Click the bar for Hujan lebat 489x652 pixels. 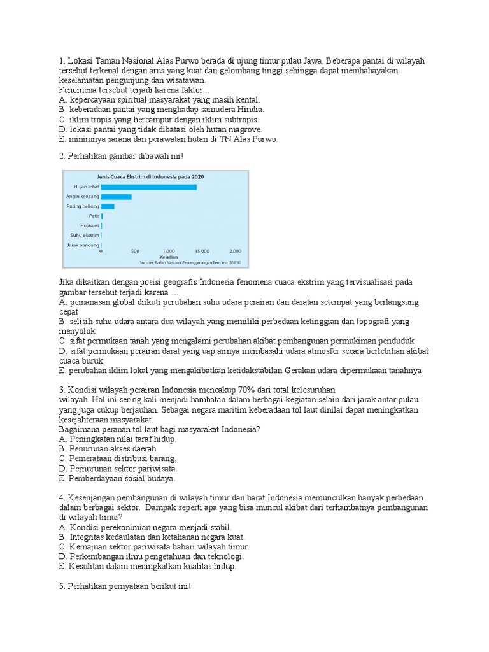point(149,187)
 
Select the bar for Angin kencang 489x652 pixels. point(117,197)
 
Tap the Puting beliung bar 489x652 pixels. point(108,206)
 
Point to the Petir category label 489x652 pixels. point(94,216)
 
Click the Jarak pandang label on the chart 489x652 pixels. point(83,244)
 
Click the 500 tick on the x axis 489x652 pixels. point(135,252)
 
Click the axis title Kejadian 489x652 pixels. point(168,257)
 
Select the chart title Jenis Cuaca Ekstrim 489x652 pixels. point(150,176)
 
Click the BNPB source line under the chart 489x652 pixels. point(194,262)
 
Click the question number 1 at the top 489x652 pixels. point(61,60)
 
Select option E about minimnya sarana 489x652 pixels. point(168,139)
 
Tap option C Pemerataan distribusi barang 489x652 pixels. point(117,458)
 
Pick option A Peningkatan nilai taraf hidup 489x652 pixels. point(117,439)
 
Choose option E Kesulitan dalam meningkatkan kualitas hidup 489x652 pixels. point(147,566)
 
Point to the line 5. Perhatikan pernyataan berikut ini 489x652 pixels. point(125,586)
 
